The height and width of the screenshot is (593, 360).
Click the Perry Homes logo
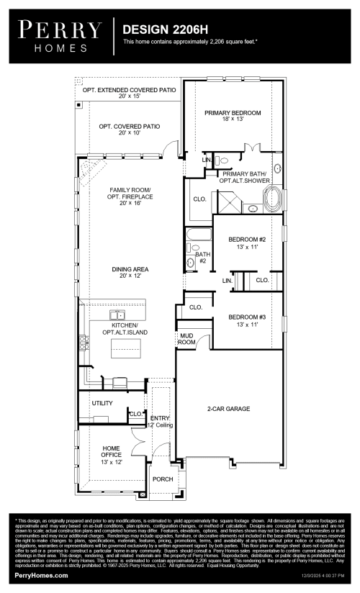tap(60, 36)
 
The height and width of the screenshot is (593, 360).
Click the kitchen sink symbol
tap(117, 314)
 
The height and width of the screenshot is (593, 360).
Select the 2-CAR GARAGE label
tap(229, 408)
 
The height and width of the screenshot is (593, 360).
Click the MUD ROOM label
tap(186, 338)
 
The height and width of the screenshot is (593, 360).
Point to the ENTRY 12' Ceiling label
tap(160, 421)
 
